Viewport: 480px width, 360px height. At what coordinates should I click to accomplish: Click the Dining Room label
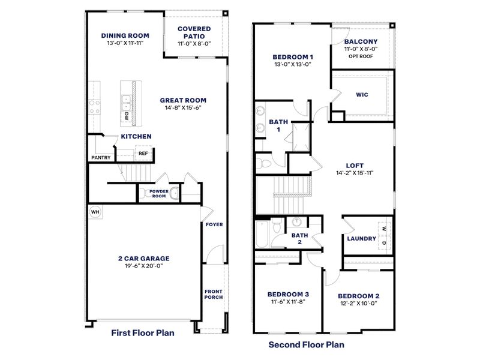coord(125,35)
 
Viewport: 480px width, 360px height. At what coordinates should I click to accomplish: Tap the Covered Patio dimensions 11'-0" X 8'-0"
coord(194,44)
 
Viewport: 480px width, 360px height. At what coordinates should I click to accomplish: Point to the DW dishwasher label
coord(127,116)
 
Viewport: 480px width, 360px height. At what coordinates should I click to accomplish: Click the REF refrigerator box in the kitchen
coord(143,154)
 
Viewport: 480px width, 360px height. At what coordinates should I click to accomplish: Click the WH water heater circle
coord(95,212)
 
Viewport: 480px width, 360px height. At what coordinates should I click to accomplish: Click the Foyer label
coord(214,225)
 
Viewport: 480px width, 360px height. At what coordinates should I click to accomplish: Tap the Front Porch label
coord(214,293)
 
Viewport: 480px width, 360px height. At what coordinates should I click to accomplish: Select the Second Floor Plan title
coord(306,345)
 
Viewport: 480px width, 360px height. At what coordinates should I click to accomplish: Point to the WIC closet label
coord(361,94)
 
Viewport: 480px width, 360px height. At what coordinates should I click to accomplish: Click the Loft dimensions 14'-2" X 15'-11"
coord(355,173)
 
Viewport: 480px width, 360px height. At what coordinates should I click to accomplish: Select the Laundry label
coord(361,238)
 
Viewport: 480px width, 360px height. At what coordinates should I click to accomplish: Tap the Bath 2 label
coord(299,239)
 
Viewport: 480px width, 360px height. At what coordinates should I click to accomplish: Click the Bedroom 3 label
coord(288,293)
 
